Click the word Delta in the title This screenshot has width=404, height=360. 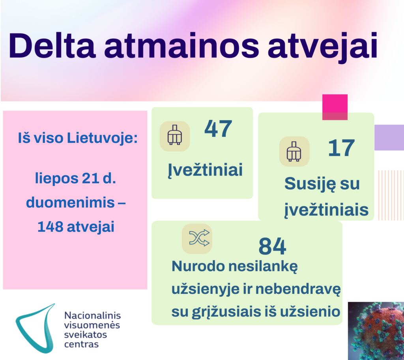(52, 46)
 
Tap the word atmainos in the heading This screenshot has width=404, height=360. (181, 46)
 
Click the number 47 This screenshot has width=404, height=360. (218, 129)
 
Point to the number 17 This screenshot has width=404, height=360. (342, 148)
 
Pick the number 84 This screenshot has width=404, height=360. (272, 246)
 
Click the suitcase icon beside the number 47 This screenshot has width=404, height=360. (175, 136)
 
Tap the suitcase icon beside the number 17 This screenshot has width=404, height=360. (294, 151)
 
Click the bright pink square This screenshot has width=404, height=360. (335, 107)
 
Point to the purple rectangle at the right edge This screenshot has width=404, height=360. (389, 138)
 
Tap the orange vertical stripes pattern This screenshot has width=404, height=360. (391, 195)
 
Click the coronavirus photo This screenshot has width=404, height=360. (376, 331)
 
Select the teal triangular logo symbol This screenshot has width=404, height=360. (35, 328)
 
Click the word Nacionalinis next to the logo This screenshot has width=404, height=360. (92, 315)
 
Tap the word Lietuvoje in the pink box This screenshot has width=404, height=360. (103, 138)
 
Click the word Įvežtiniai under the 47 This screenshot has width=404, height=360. (205, 170)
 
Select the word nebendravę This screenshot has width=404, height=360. (298, 289)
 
